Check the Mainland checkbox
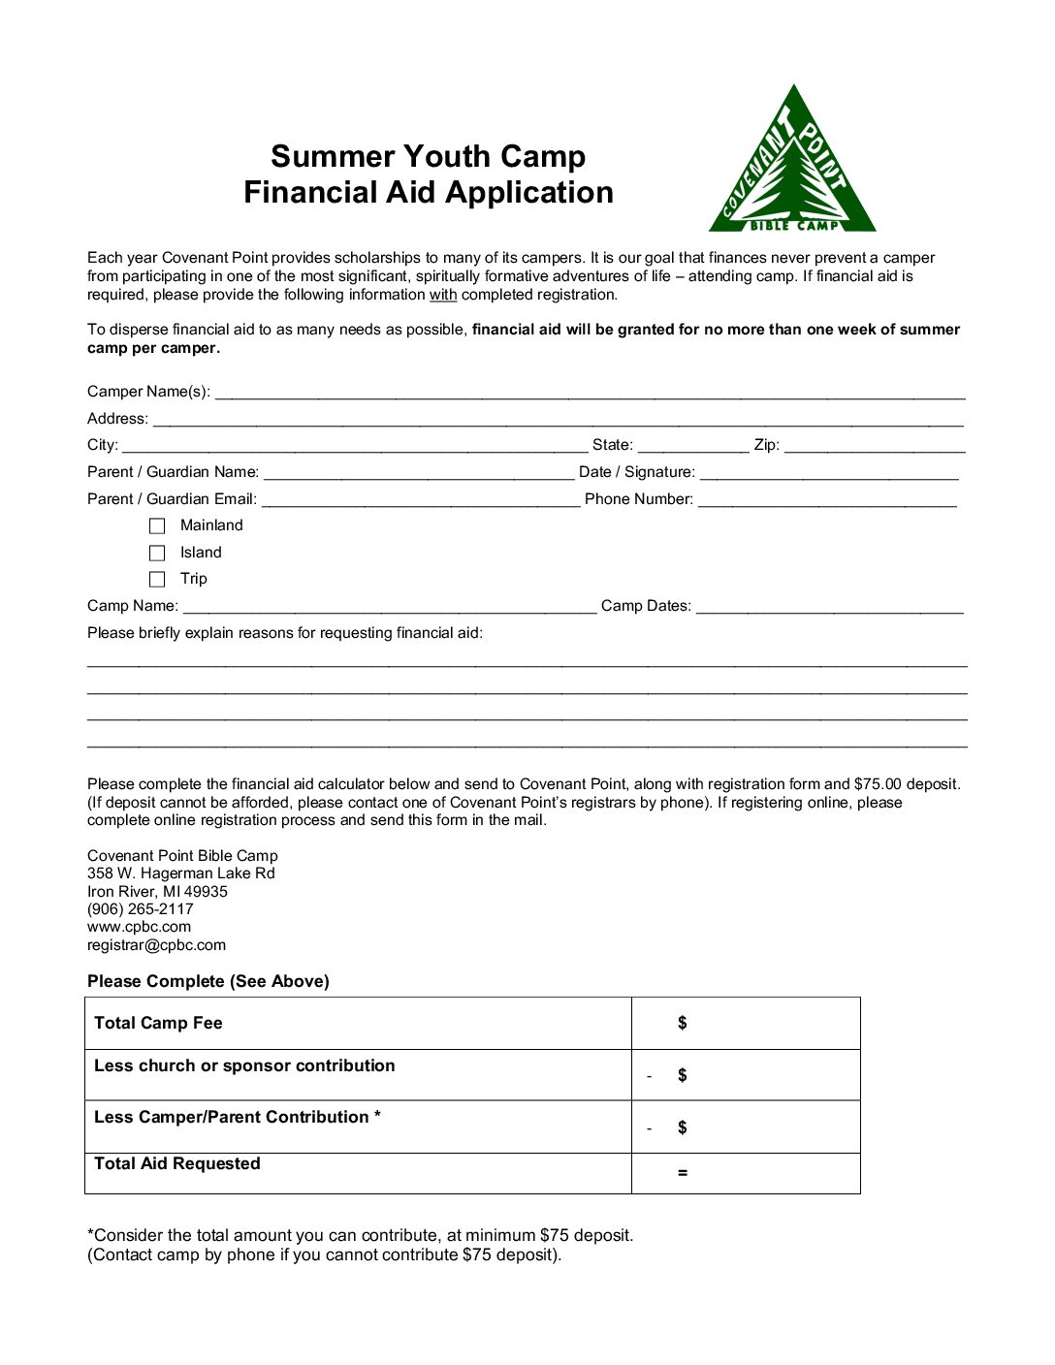coord(157,526)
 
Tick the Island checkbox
coord(157,553)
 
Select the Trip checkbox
coord(157,580)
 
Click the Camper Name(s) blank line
coord(590,392)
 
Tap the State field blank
coord(692,445)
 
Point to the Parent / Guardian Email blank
coord(421,499)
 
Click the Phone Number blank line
coord(826,499)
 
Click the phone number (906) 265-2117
coord(141,909)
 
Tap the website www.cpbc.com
coord(139,927)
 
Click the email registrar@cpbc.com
coord(156,945)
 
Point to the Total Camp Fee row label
coord(158,1023)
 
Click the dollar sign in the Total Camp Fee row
coord(683,1023)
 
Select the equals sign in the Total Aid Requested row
coord(683,1173)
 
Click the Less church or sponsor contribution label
coord(244,1065)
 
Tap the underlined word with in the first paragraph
coord(443,295)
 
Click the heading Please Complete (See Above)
coord(208,981)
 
